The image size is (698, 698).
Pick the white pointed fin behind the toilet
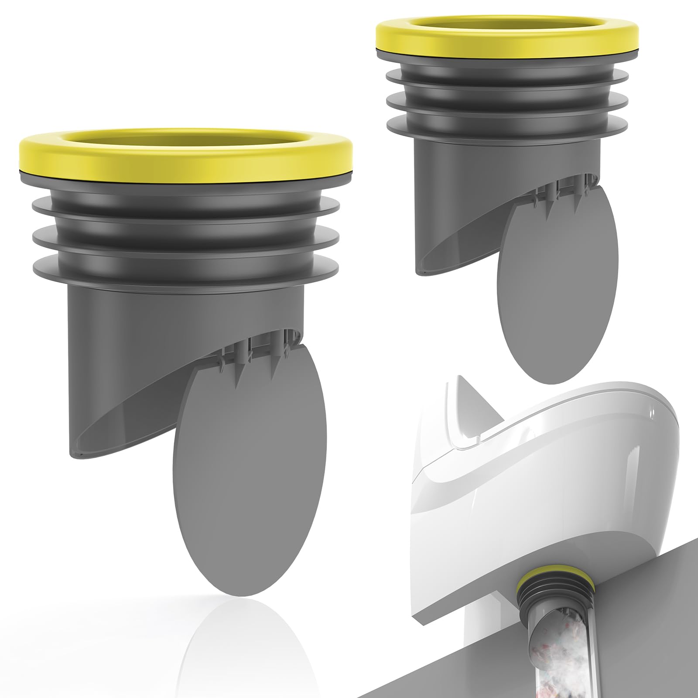(462, 401)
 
